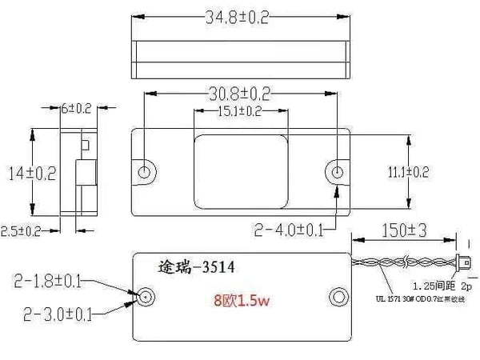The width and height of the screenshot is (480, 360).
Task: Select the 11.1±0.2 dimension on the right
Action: pos(432,172)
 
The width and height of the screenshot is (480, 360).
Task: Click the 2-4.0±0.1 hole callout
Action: pos(289,230)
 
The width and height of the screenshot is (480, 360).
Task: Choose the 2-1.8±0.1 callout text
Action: pos(46,280)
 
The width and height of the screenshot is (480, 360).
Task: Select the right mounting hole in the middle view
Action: pos(338,172)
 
